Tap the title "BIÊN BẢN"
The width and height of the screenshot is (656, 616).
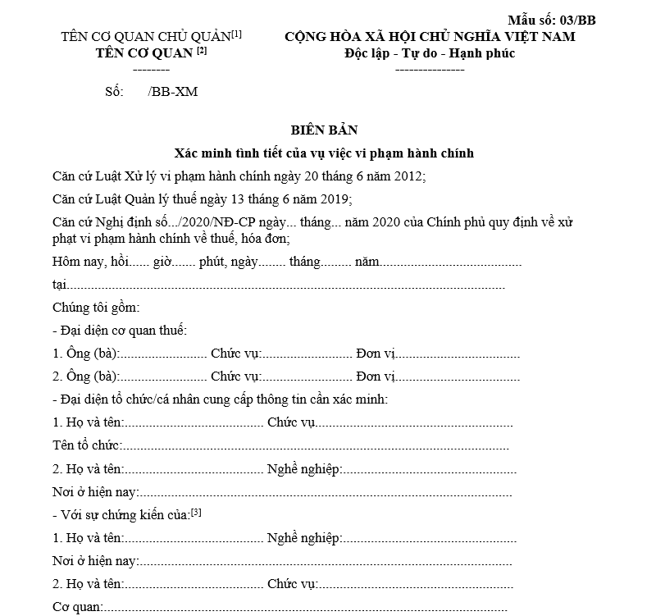(x=325, y=130)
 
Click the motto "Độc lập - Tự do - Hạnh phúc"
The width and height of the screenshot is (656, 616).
(x=430, y=53)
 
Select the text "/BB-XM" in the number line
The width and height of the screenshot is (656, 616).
(x=173, y=92)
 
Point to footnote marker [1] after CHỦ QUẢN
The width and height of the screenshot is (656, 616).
(x=237, y=34)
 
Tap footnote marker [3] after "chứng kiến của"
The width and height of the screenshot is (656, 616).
(x=196, y=513)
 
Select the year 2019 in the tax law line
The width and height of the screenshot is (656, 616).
(x=334, y=198)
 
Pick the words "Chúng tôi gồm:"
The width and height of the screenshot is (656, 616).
(x=96, y=308)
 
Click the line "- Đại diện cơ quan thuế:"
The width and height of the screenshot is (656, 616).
(x=119, y=331)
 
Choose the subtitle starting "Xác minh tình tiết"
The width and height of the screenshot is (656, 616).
(x=325, y=153)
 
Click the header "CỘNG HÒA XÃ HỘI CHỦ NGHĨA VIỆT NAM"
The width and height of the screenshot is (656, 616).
(x=430, y=36)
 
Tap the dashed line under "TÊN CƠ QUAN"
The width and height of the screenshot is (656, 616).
(x=151, y=70)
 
